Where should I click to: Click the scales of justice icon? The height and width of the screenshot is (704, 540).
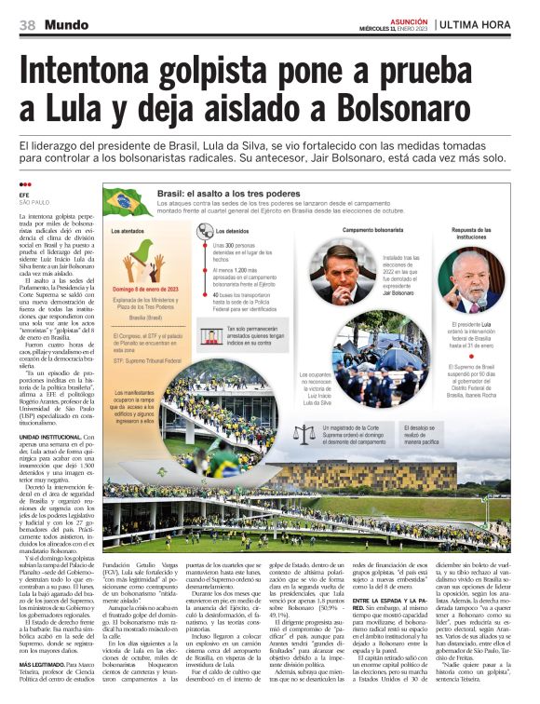[304, 433]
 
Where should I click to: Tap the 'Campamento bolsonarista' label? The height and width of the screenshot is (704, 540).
[371, 229]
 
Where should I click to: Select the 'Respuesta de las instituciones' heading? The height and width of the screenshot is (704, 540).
[476, 233]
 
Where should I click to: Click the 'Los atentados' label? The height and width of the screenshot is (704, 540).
[127, 230]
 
